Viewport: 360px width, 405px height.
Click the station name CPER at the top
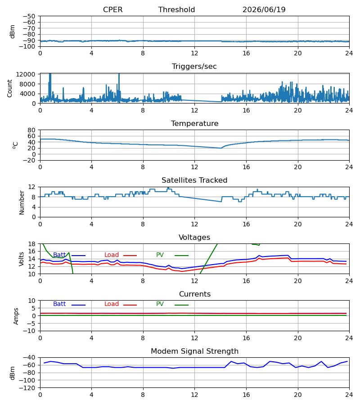(112, 9)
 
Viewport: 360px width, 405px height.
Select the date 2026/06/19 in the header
(264, 9)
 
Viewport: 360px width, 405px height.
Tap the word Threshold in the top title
(177, 9)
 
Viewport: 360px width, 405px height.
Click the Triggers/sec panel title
(194, 67)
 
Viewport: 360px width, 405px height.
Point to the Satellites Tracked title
(194, 180)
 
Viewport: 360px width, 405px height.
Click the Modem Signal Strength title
(194, 351)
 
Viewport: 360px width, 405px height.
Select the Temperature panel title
(194, 123)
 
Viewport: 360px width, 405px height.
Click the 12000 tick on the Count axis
(26, 74)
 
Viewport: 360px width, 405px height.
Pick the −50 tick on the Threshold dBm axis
(29, 16)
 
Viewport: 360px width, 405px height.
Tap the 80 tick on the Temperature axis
(31, 130)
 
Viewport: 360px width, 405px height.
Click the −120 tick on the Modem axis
(27, 388)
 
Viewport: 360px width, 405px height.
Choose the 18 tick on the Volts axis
(31, 244)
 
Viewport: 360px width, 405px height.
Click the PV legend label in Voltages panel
(160, 255)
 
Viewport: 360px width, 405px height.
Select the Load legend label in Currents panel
(112, 304)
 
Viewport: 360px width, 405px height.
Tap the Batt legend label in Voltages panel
(59, 255)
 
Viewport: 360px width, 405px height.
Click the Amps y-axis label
(16, 316)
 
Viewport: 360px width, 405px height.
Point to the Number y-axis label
(22, 202)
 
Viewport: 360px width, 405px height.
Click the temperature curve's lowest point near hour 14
(221, 148)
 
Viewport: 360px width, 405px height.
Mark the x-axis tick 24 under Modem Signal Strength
(349, 395)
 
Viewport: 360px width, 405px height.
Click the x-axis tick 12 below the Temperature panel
(194, 167)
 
